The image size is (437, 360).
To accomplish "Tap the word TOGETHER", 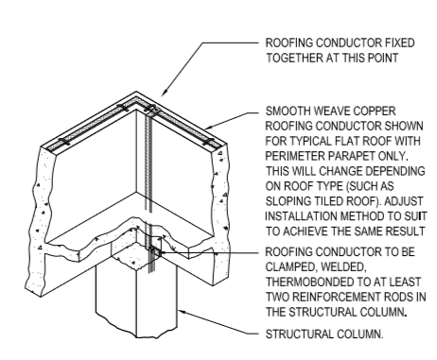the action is coord(293,59).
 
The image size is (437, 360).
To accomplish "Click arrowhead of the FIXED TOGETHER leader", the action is coord(164,94).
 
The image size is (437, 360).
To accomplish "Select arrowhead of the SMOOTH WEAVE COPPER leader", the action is coord(208,128).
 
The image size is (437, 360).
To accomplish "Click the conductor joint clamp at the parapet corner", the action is coord(151,109).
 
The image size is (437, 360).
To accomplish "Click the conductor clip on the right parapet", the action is coord(207,142).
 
